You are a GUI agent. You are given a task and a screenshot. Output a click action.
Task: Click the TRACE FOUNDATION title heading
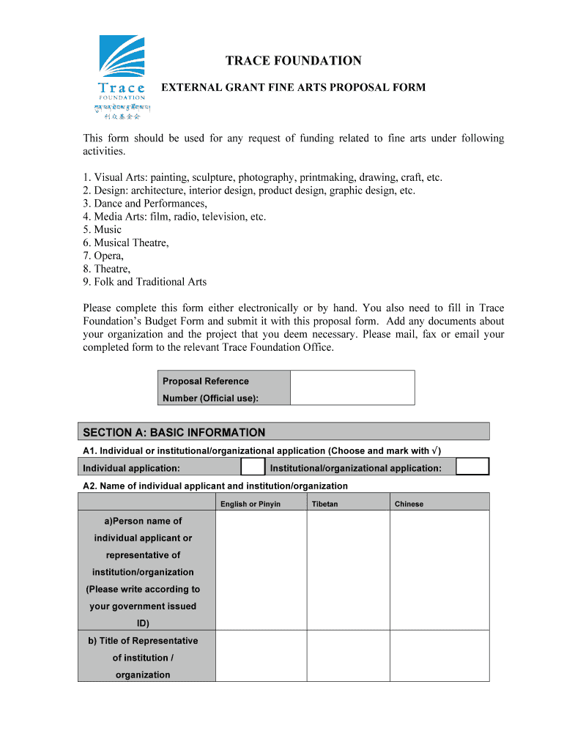pyautogui.click(x=293, y=61)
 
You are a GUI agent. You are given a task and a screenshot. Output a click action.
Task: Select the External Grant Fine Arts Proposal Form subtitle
pyautogui.click(x=293, y=87)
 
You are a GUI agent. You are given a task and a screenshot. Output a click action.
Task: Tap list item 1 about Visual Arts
pyautogui.click(x=262, y=177)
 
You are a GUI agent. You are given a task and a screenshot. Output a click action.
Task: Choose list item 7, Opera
pyautogui.click(x=103, y=256)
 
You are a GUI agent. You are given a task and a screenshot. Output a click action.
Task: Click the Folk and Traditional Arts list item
pyautogui.click(x=145, y=281)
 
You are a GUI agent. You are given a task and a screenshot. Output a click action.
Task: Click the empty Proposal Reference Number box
pyautogui.click(x=352, y=387)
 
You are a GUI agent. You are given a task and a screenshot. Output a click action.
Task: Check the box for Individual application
pyautogui.click(x=253, y=467)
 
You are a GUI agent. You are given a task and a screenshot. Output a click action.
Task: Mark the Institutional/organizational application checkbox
pyautogui.click(x=472, y=467)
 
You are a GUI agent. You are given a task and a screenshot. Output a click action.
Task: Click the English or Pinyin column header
pyautogui.click(x=250, y=504)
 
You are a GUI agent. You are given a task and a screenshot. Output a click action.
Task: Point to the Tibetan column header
pyautogui.click(x=324, y=504)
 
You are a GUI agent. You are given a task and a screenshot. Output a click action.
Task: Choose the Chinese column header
pyautogui.click(x=409, y=504)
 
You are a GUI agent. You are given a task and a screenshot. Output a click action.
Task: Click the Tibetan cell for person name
pyautogui.click(x=348, y=571)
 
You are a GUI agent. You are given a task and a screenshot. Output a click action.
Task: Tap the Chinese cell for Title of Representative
pyautogui.click(x=439, y=656)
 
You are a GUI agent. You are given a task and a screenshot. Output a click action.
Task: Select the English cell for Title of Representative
pyautogui.click(x=261, y=656)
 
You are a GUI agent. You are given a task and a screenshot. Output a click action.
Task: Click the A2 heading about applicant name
pyautogui.click(x=215, y=486)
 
